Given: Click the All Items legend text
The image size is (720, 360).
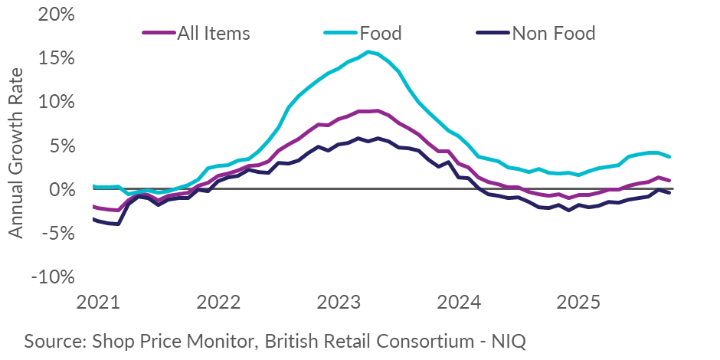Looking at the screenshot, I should click(x=214, y=33).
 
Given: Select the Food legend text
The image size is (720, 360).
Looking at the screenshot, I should click(x=381, y=33).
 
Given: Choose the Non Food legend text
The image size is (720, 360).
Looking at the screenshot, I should click(x=553, y=33).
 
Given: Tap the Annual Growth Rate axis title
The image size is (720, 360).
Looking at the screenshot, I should click(x=17, y=152).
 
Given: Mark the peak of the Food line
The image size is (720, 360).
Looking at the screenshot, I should click(x=368, y=51).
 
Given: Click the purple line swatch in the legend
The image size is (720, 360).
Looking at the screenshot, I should click(x=159, y=33).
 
